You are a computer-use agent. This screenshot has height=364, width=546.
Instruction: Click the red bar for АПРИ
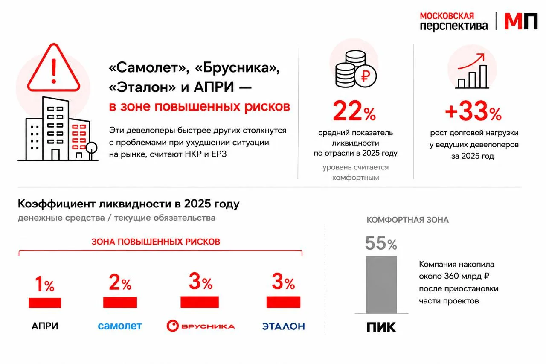[45, 303]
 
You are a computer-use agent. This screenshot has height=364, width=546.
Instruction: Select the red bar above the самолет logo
[120, 302]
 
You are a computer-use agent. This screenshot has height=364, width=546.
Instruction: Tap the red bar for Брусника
[200, 302]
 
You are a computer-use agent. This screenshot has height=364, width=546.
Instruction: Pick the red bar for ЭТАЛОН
[283, 302]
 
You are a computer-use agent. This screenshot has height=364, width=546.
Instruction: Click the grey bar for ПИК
[381, 285]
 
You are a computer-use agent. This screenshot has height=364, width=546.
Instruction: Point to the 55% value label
[381, 243]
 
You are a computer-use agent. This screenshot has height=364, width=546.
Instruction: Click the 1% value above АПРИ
[45, 284]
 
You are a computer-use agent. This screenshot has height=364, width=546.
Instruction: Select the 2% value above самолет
[120, 282]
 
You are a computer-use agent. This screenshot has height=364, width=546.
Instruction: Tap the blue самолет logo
[120, 326]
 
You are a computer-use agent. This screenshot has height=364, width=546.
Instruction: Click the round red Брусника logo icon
[173, 326]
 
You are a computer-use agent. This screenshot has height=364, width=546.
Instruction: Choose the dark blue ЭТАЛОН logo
[284, 326]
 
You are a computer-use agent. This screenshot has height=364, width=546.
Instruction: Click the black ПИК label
[381, 327]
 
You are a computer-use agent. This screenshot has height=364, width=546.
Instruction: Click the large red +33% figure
[473, 111]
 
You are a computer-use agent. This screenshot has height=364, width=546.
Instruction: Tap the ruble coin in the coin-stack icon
[366, 76]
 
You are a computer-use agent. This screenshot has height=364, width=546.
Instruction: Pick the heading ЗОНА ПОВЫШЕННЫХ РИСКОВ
[156, 242]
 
